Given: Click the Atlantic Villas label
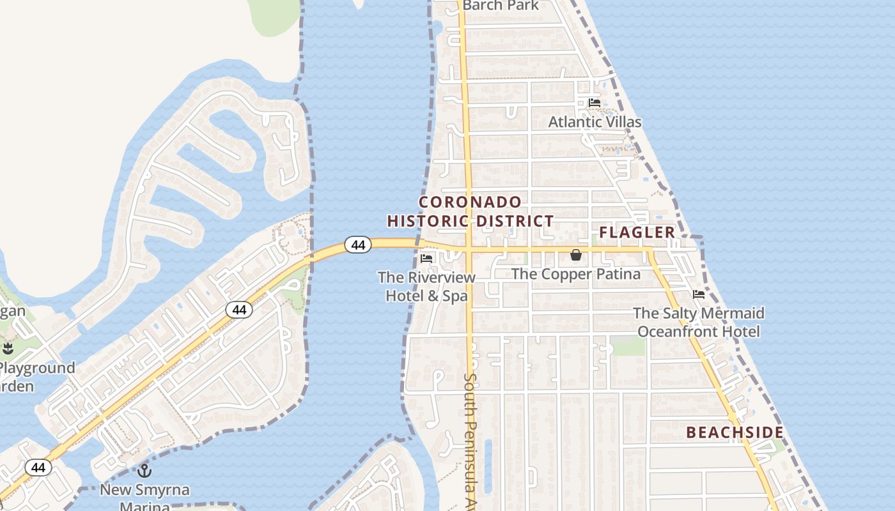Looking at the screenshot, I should click(595, 121).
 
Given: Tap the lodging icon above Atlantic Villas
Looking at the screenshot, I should click(595, 103).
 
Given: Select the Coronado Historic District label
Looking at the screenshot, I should click(471, 212).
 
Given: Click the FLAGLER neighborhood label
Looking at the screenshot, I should click(637, 232).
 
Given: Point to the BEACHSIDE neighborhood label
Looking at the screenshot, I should click(735, 432).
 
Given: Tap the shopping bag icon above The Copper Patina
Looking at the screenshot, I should click(576, 256).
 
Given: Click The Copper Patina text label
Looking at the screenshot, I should click(576, 274).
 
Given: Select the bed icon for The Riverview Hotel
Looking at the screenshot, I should click(426, 259).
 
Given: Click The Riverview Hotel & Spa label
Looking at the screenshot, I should click(426, 287).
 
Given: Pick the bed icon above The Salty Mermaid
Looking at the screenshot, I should click(699, 294).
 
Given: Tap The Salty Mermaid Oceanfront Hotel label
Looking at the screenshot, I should click(699, 323).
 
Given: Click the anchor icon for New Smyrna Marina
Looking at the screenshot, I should click(144, 471).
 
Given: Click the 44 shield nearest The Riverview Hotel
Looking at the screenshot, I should click(358, 245).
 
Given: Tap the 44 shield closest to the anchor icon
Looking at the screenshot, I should click(38, 468).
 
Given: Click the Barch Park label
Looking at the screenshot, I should click(501, 6).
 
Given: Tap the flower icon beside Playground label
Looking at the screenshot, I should click(8, 349).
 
